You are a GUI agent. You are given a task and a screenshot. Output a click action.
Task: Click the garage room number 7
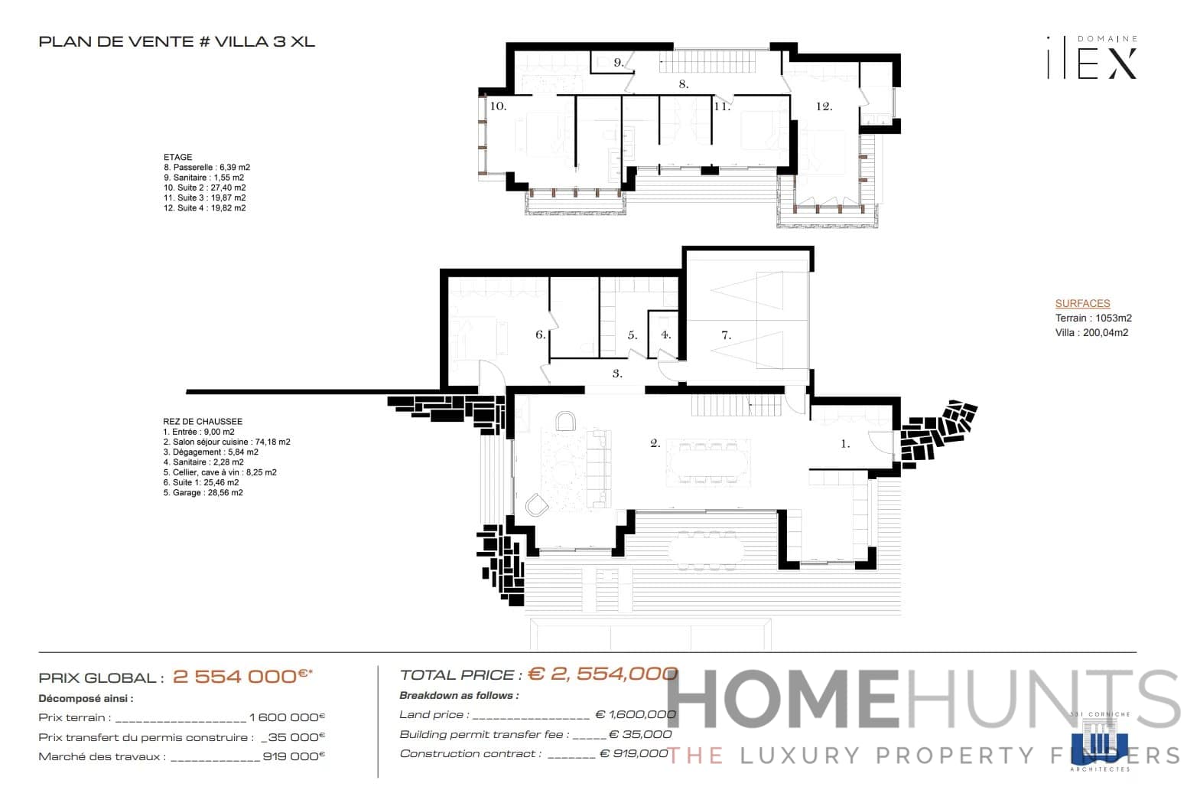point(726,335)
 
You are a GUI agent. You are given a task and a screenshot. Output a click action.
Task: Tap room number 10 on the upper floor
point(498,106)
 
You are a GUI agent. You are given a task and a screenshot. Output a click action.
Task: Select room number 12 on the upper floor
point(824,106)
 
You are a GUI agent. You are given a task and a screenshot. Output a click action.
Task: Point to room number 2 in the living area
point(655,442)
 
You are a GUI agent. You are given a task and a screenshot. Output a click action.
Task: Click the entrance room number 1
point(845,443)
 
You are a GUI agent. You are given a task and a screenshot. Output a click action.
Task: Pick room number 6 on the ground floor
point(540,335)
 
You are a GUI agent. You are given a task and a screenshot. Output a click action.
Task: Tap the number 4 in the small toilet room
point(665,335)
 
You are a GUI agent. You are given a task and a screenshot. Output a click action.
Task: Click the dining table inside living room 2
point(707,461)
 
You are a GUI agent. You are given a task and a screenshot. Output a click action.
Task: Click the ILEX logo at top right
point(1092,58)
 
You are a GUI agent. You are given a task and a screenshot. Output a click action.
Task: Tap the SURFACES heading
point(1082,303)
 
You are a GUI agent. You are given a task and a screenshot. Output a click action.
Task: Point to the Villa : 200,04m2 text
point(1091,332)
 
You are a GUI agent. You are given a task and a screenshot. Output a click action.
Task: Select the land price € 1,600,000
point(636,714)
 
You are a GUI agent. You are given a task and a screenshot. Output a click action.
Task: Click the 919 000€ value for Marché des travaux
point(294,756)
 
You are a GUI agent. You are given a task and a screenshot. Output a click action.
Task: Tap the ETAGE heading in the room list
point(177,157)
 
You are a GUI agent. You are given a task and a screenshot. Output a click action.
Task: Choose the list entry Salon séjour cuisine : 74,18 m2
point(226,442)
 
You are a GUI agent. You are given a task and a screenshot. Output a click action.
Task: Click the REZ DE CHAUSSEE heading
point(203,421)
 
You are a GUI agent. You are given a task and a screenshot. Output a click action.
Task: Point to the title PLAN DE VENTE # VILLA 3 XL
point(177,41)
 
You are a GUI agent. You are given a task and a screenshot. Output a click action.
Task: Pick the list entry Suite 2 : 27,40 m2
point(204,188)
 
